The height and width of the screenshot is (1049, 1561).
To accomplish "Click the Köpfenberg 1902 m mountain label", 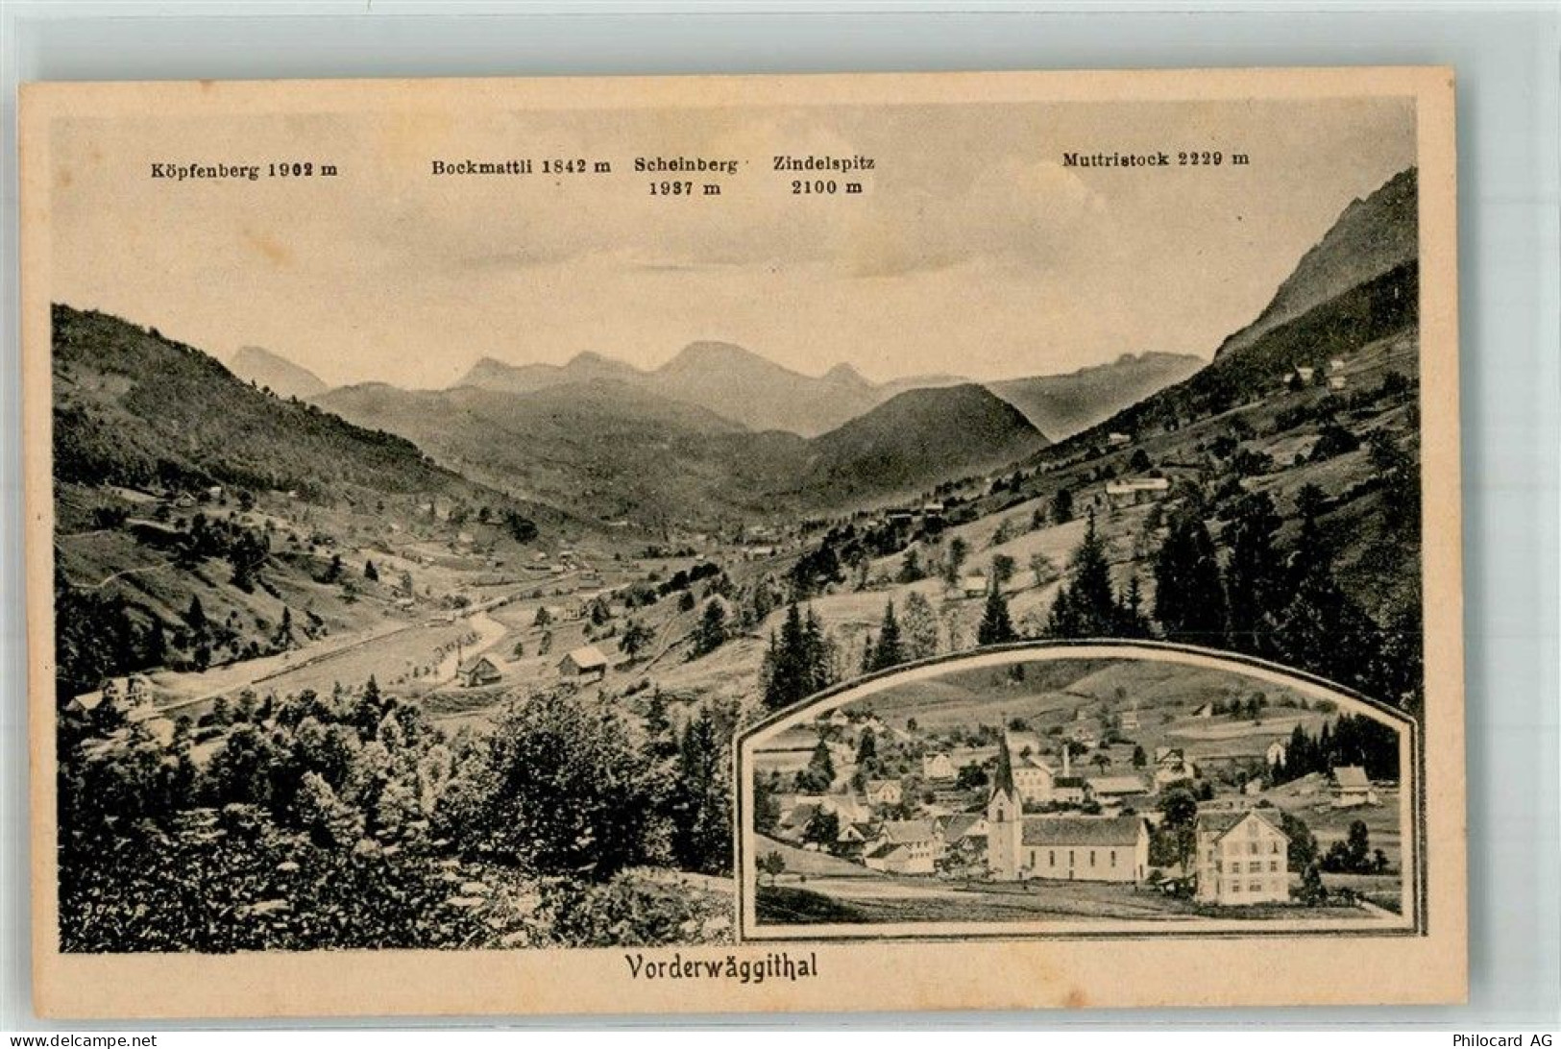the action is pyautogui.click(x=244, y=170).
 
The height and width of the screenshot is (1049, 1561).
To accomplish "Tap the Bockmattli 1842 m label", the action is pyautogui.click(x=521, y=165).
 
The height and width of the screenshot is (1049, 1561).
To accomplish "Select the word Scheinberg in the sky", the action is pyautogui.click(x=686, y=164).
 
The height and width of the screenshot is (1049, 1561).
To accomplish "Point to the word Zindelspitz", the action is pyautogui.click(x=823, y=164).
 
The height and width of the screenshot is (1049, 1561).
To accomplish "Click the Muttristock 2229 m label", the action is pyautogui.click(x=1156, y=159).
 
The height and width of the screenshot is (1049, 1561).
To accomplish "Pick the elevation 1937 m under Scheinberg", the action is pyautogui.click(x=686, y=188).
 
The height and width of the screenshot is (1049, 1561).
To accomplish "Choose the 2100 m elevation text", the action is pyautogui.click(x=826, y=188).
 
